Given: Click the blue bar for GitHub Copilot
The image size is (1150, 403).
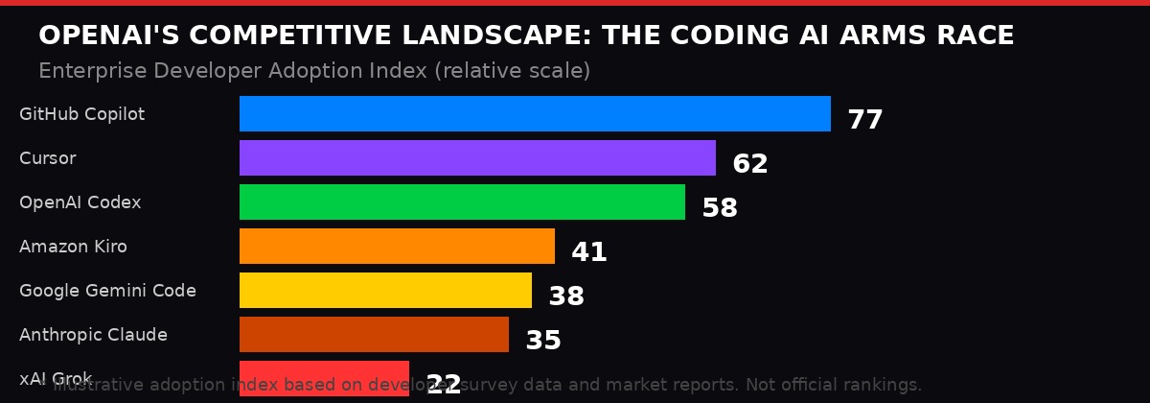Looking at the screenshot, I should (535, 113).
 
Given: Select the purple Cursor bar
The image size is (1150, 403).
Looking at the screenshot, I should (477, 157).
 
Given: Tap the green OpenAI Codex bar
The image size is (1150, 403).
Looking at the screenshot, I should (462, 201).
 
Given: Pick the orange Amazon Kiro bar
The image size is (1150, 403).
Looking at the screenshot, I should (397, 246).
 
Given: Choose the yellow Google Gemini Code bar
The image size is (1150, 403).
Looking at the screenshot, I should (385, 290).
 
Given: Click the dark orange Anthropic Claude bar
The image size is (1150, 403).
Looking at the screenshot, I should (374, 334).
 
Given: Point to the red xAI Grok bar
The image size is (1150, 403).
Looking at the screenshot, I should (324, 378).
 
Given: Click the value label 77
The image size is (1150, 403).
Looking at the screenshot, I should (864, 120).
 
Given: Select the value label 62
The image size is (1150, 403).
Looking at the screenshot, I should (749, 164).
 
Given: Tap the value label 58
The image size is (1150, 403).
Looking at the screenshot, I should (719, 208).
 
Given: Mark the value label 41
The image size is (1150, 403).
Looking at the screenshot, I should (588, 252).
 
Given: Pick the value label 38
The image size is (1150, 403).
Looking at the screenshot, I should (565, 296).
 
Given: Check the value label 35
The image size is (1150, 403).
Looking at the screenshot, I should (542, 341).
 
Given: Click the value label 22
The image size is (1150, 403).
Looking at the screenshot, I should (443, 385).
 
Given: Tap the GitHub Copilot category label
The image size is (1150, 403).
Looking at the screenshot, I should (81, 114).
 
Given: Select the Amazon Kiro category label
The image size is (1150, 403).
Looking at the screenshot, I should (73, 247).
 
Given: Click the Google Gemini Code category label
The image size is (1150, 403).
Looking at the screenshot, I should (107, 291).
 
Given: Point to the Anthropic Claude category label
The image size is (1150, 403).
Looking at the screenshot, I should (93, 335).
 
